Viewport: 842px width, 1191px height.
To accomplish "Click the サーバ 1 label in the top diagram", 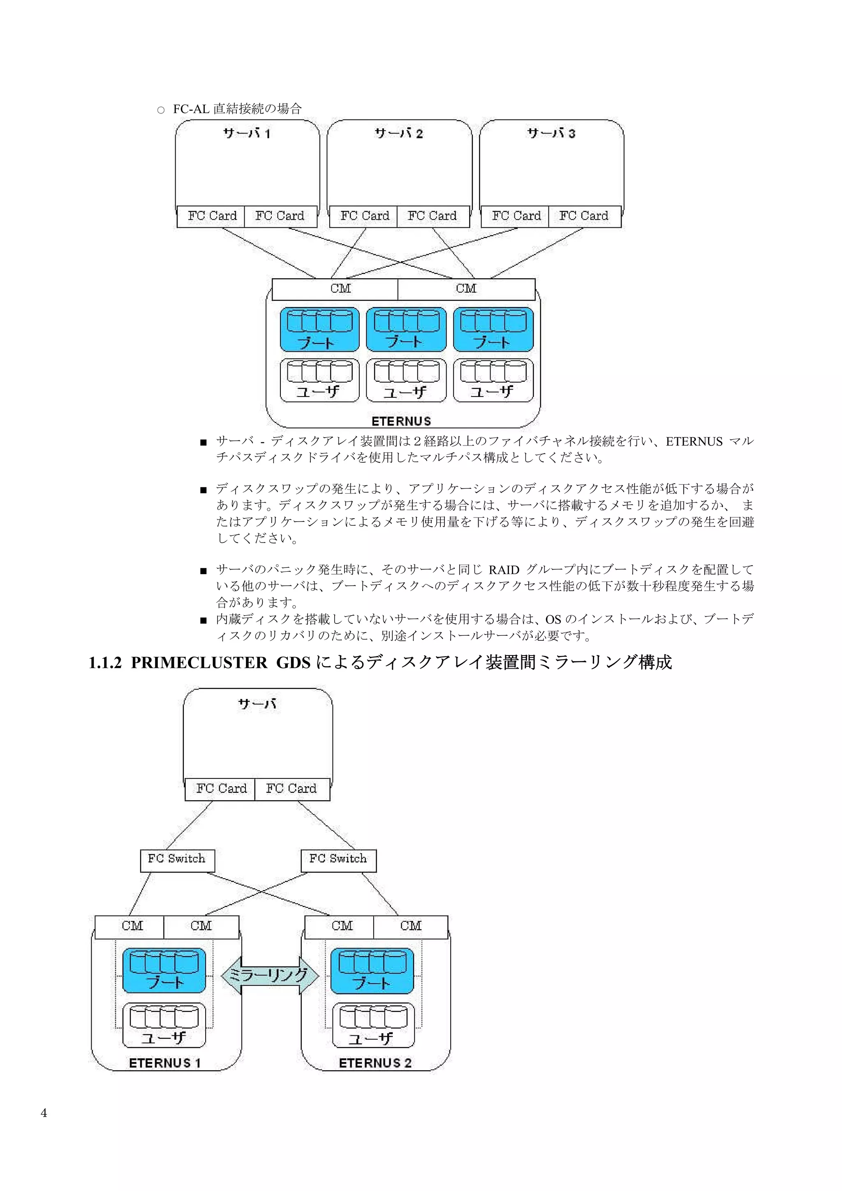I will (247, 134).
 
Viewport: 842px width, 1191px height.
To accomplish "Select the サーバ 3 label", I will (551, 134).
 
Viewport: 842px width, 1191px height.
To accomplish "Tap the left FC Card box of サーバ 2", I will (364, 216).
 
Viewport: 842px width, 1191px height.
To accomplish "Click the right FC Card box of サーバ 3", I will (584, 216).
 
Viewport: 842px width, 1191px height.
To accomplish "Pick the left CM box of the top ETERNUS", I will (340, 289).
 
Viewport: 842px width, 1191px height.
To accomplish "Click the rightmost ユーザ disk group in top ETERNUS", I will (493, 380).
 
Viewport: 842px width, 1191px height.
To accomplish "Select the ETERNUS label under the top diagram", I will (401, 421).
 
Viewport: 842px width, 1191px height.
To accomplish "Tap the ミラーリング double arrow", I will (269, 976).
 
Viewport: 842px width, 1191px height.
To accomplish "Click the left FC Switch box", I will (177, 859).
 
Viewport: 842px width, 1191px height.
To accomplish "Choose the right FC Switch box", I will (338, 859).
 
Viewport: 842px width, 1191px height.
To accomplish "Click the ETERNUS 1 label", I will (164, 1063).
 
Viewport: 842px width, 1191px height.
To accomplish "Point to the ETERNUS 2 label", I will (375, 1063).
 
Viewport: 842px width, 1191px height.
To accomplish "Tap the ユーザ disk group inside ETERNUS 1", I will (164, 1025).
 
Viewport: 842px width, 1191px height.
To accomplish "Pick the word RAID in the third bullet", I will (504, 570).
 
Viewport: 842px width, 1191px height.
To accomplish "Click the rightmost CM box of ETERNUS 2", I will (410, 926).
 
